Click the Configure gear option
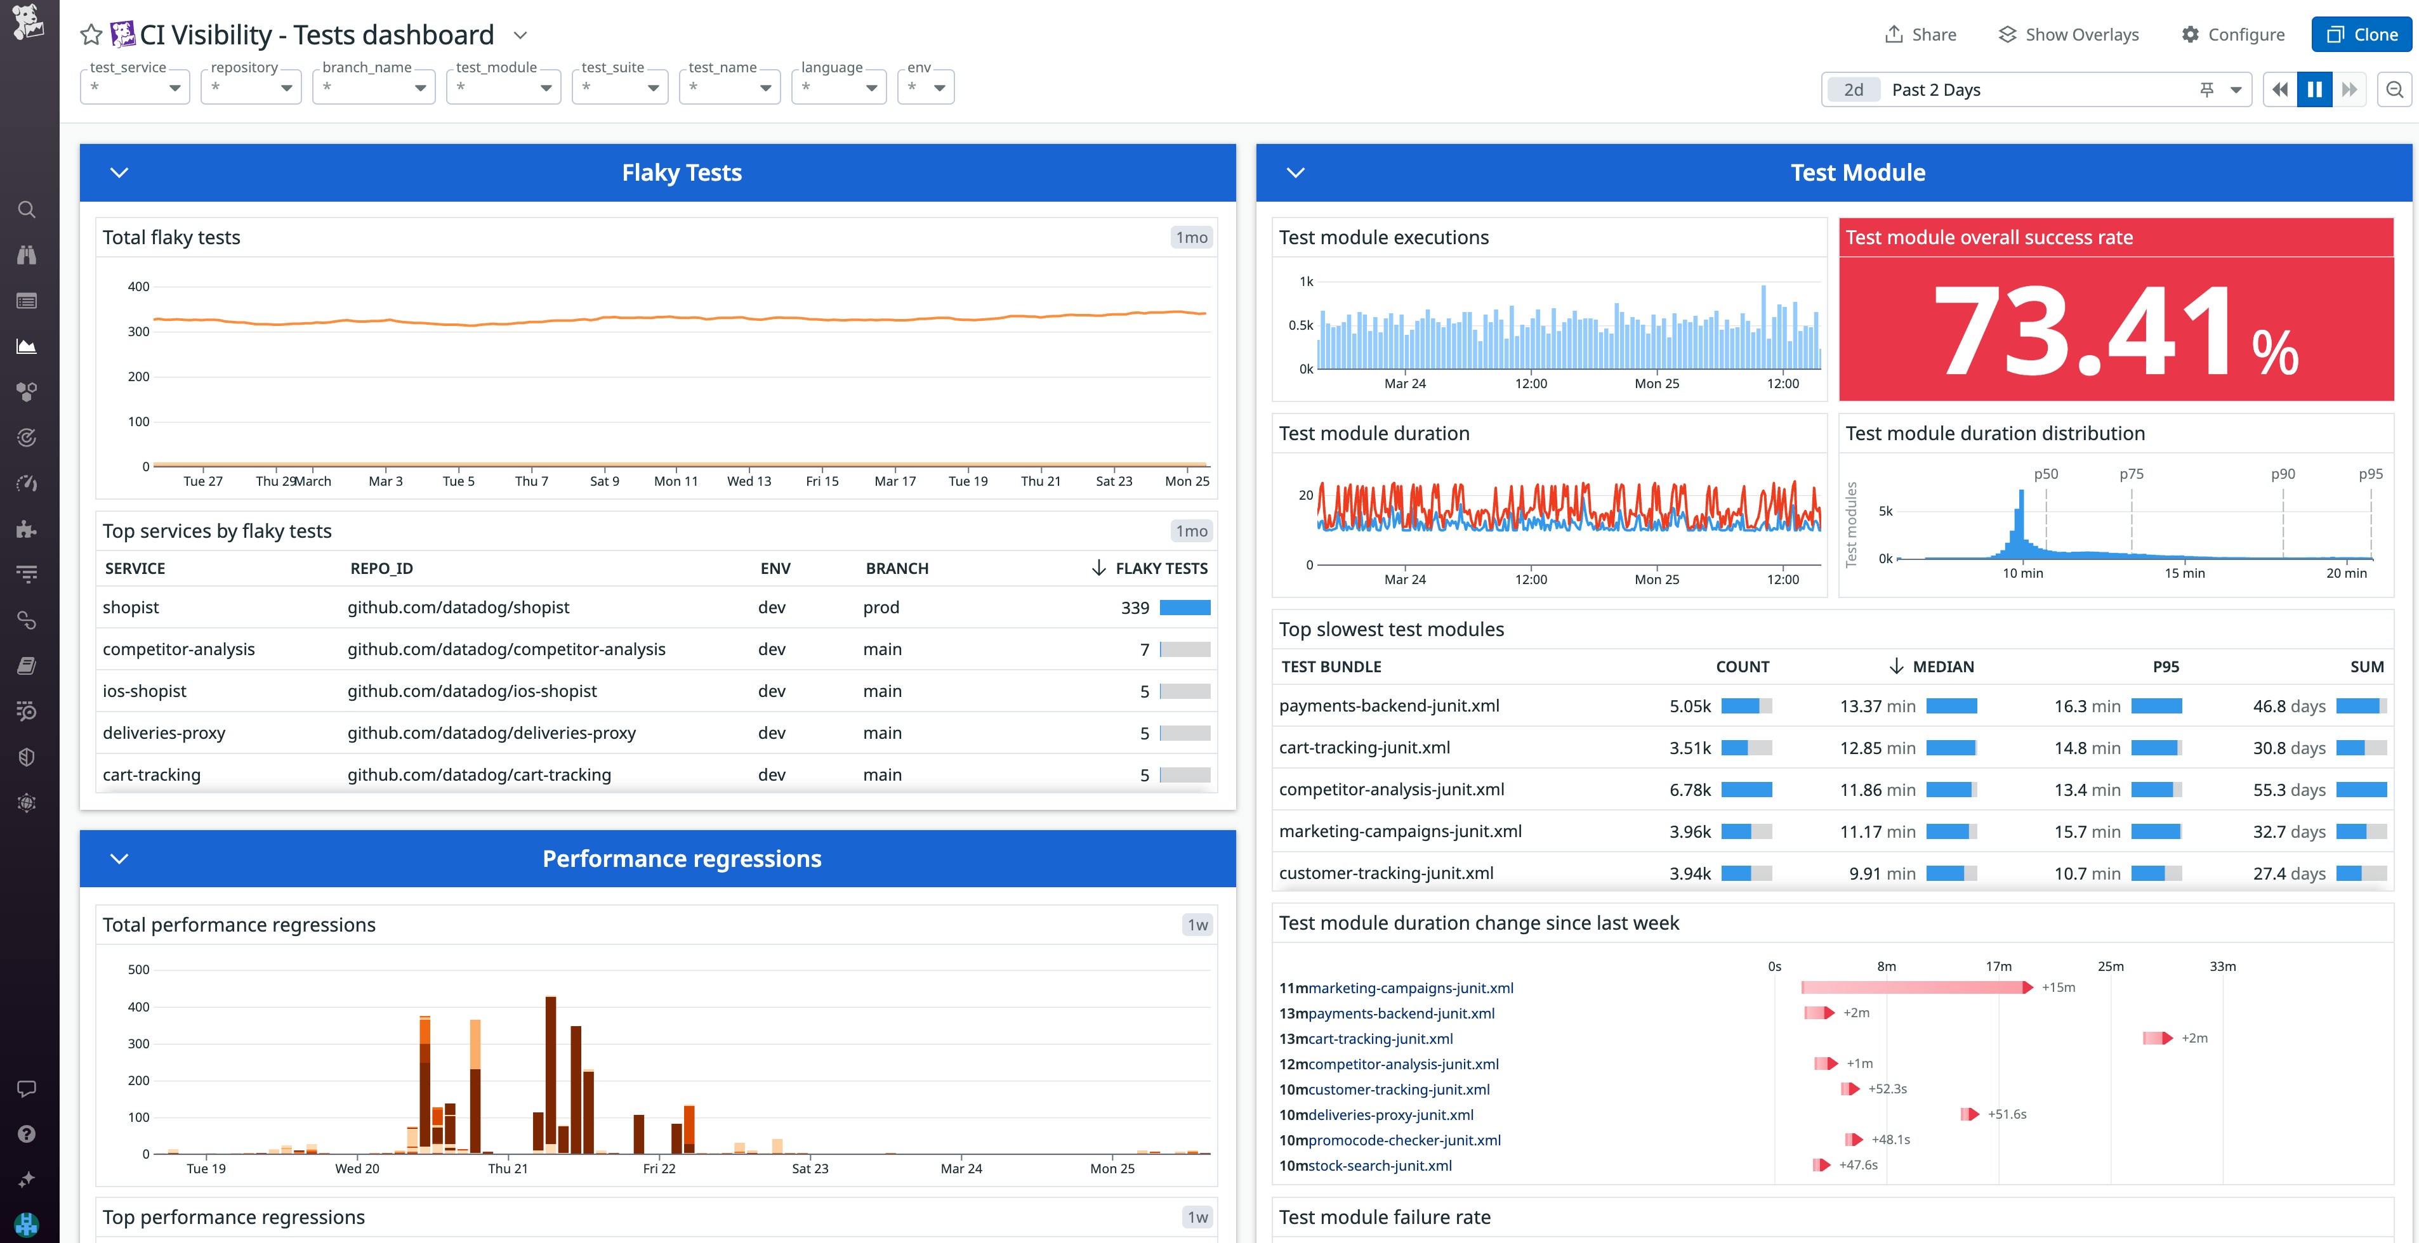point(2232,35)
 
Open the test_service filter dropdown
point(135,88)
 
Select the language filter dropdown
point(838,88)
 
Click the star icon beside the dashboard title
point(91,36)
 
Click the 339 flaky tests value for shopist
point(1135,608)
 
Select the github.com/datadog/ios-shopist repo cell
point(471,691)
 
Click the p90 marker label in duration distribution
point(2282,474)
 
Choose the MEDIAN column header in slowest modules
point(1942,667)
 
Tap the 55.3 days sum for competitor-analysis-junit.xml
point(2288,790)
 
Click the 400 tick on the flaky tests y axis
point(138,287)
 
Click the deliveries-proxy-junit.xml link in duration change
point(1390,1114)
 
